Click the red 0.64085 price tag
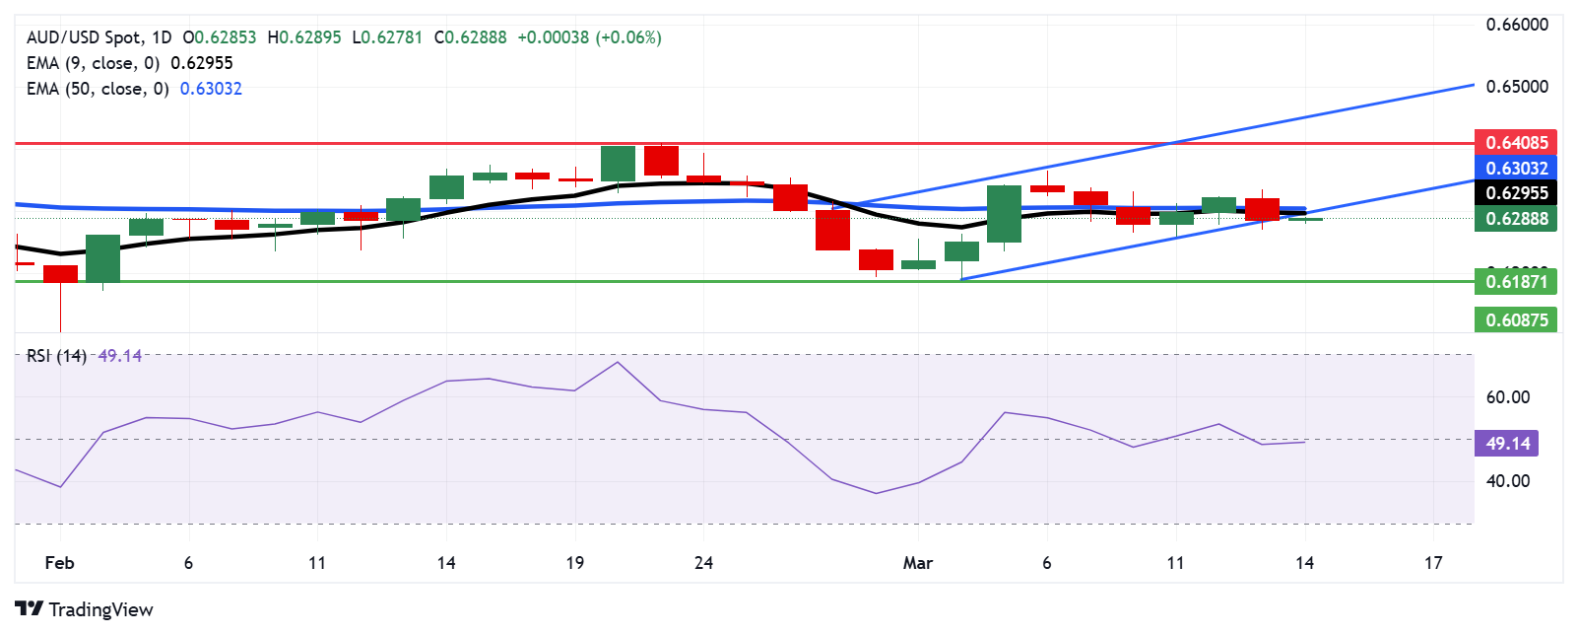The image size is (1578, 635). [x=1516, y=143]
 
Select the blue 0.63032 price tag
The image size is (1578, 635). [x=1516, y=169]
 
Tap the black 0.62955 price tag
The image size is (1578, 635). [x=1516, y=193]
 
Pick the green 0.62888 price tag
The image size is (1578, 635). [x=1516, y=219]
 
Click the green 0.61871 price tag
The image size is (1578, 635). [x=1516, y=282]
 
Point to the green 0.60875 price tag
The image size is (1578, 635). [x=1516, y=319]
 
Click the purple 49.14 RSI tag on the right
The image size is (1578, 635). [x=1507, y=444]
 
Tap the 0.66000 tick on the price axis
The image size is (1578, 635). [x=1517, y=25]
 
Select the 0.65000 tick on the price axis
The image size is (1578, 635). [x=1517, y=87]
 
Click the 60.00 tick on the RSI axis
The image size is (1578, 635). [x=1507, y=397]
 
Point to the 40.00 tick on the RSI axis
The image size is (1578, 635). [x=1507, y=481]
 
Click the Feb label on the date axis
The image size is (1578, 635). [x=60, y=563]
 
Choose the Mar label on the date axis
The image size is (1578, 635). [x=918, y=563]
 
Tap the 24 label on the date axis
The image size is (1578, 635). [x=703, y=563]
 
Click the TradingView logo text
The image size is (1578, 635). [x=100, y=609]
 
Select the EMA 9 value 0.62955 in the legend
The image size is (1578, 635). [x=202, y=63]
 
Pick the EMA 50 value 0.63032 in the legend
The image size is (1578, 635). [x=211, y=89]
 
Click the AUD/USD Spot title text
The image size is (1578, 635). [x=84, y=37]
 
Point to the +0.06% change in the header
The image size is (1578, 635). [x=628, y=37]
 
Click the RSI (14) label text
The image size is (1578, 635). [x=56, y=356]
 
